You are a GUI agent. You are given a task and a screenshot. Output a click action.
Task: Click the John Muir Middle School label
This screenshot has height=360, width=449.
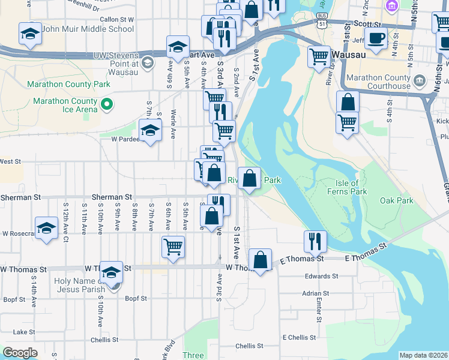[x=89, y=29]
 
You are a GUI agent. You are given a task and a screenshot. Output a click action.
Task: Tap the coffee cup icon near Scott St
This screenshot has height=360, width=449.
[x=376, y=38]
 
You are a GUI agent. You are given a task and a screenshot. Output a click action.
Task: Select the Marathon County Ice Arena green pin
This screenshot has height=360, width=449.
[x=106, y=105]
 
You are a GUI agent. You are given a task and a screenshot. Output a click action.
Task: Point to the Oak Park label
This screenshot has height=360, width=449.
[x=396, y=200]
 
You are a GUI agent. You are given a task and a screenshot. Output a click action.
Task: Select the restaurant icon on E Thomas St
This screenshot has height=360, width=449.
[x=315, y=241]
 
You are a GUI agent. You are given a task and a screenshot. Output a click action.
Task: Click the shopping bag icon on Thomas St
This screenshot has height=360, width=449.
[x=261, y=260]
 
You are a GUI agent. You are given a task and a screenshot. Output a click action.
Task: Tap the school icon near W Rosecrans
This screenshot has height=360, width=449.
[x=46, y=229]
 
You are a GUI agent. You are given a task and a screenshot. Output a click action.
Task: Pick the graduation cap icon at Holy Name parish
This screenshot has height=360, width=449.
[x=111, y=273]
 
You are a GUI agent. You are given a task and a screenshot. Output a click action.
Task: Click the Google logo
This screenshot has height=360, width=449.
[x=20, y=353]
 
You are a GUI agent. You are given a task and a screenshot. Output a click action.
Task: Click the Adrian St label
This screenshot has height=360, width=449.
[x=316, y=294]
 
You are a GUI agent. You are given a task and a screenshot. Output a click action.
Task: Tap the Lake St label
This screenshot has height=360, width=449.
[x=24, y=332]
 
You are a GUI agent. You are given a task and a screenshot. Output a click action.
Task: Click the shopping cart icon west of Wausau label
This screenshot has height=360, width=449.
[x=319, y=57]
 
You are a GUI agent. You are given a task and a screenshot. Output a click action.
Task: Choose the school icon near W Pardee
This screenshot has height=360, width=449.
[x=151, y=130]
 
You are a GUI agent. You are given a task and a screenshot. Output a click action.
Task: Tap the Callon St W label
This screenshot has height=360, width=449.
[x=116, y=19]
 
